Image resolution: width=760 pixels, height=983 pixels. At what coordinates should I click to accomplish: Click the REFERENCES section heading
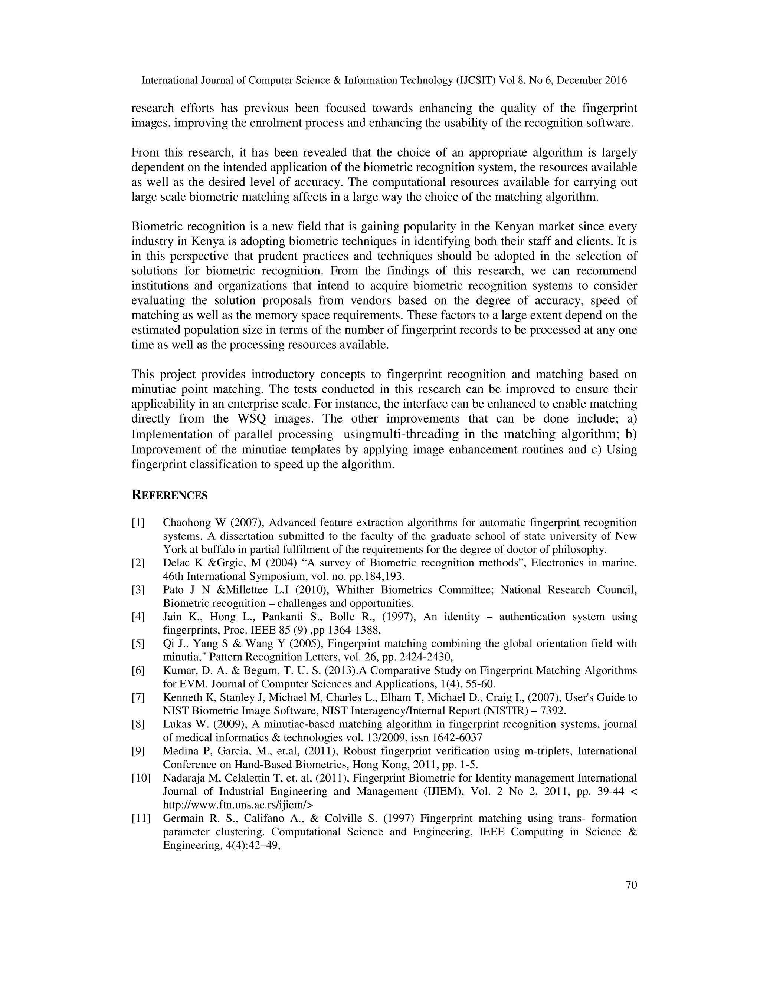click(169, 496)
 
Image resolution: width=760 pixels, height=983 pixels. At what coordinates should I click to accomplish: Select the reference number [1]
click(138, 523)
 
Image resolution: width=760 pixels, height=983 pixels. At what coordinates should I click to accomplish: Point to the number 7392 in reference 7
click(553, 711)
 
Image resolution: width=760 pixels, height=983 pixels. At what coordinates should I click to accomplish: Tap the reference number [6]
click(138, 671)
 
